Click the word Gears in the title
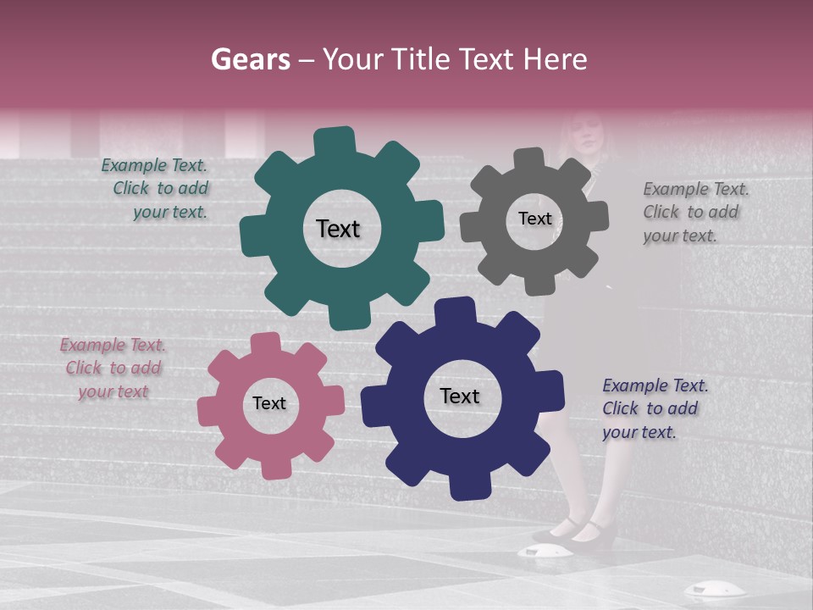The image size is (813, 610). [251, 59]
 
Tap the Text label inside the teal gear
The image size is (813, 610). [339, 229]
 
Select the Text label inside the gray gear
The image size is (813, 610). [534, 219]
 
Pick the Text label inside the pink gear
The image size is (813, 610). [269, 403]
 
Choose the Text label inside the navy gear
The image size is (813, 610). [460, 396]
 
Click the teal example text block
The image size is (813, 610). [155, 189]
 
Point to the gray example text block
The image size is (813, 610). [695, 212]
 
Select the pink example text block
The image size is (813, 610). [113, 369]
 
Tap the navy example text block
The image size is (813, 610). [655, 408]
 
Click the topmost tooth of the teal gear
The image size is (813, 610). [335, 140]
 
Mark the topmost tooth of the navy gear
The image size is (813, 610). [456, 310]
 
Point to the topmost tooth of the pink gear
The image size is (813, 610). [266, 343]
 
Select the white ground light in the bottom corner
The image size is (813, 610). [714, 590]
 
